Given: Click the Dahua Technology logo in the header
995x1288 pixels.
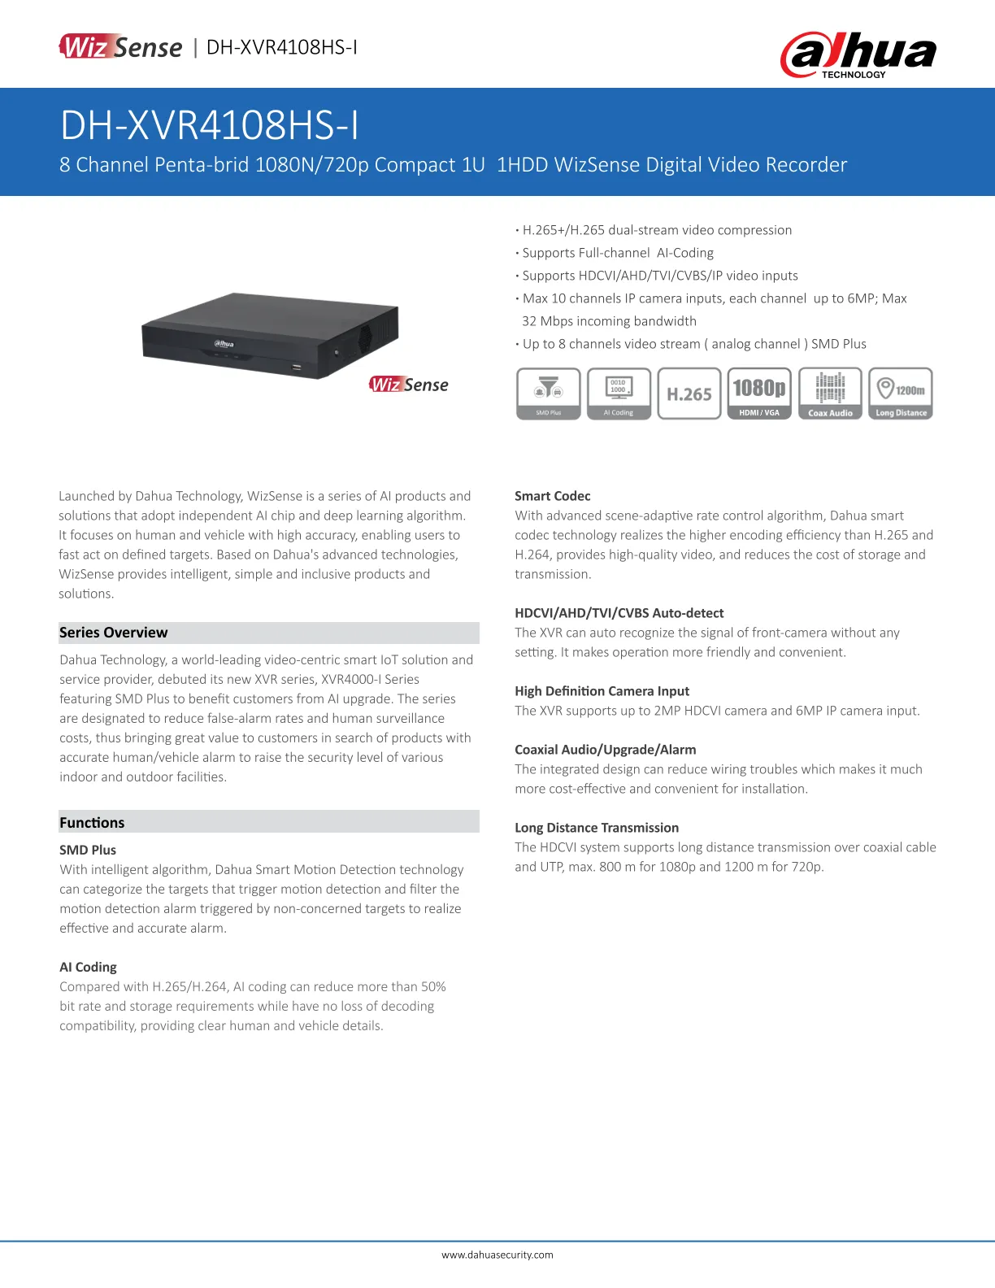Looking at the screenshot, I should (858, 54).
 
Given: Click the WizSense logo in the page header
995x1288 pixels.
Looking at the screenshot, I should (120, 47).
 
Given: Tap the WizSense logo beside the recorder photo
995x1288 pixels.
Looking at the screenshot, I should (408, 385).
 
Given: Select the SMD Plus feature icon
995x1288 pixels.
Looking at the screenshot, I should (549, 394).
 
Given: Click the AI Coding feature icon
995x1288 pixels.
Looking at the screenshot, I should (619, 394).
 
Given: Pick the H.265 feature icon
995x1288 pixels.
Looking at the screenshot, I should (689, 394).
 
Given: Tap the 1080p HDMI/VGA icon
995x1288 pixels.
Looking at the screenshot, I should (759, 394).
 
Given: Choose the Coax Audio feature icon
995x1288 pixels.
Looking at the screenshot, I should (830, 394).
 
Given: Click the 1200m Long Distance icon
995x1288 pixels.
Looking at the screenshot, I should (901, 394).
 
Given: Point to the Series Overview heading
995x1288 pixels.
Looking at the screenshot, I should (114, 633).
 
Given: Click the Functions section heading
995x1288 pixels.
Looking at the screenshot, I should (92, 822).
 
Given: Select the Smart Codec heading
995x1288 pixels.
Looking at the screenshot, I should (553, 496).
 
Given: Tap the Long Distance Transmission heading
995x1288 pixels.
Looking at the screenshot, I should (597, 828).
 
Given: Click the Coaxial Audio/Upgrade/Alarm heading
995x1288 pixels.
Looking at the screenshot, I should (606, 750).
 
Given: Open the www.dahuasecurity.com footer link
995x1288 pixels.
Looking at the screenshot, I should (497, 1255).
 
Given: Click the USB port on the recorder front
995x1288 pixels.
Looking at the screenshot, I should (297, 368).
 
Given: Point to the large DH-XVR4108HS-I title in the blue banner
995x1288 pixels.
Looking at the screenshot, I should (210, 126).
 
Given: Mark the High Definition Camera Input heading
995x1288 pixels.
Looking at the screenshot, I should (602, 691).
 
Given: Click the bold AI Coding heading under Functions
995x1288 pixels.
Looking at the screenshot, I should (88, 967).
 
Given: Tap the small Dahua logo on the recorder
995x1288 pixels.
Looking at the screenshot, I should (224, 344).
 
